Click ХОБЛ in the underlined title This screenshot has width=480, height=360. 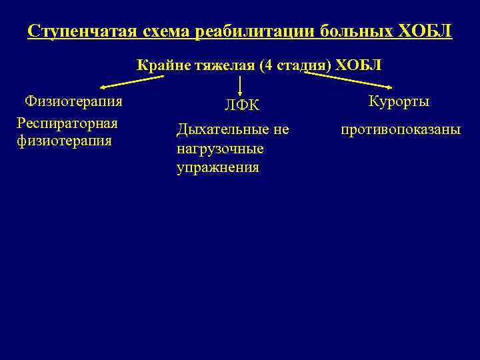tap(429, 31)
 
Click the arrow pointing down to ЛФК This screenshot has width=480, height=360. tap(240, 86)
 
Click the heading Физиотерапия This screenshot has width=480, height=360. tap(73, 101)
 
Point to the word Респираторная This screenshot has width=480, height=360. tap(67, 123)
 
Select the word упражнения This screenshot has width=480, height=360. tap(218, 167)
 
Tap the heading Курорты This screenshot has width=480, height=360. tap(399, 101)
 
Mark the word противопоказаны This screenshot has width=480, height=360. tap(401, 129)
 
